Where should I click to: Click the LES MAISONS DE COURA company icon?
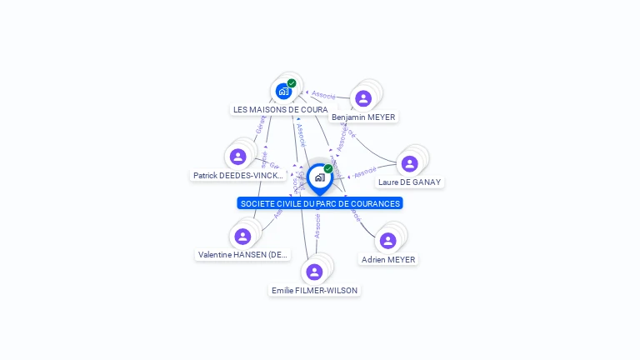pos(283,91)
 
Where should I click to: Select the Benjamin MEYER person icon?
pos(362,98)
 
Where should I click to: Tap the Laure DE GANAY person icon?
pos(409,163)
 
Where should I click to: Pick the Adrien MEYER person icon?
pos(387,241)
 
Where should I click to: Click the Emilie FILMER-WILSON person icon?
pos(314,272)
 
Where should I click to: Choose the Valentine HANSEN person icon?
pos(242,237)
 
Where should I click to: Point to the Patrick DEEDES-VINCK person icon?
pos(238,157)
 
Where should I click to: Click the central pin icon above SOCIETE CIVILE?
pos(319,177)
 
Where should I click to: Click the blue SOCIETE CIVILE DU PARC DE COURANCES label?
pos(320,203)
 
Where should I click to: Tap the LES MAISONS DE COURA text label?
pos(280,109)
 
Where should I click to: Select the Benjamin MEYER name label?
pos(363,117)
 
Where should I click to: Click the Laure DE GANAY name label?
pos(409,182)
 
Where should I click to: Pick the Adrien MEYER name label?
pos(388,259)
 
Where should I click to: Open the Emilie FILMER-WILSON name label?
pos(314,290)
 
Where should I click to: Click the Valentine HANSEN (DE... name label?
pos(242,254)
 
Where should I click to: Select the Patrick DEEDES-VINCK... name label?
pos(238,176)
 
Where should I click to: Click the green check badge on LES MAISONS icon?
pos(292,83)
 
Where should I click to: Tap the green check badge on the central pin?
pos(328,169)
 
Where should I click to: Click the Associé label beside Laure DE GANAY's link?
pos(365,173)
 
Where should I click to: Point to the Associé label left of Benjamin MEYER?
pos(323,95)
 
